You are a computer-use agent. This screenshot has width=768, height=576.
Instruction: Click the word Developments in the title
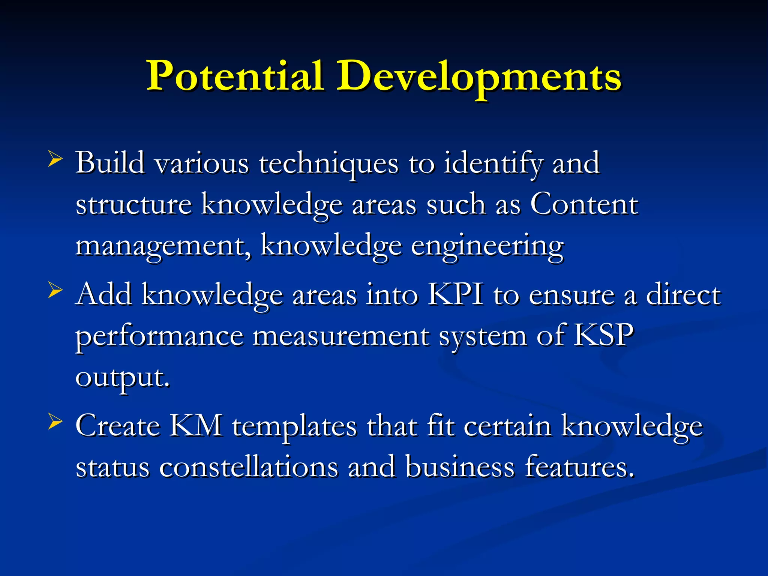[x=478, y=76]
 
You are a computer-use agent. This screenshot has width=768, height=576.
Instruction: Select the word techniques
[x=328, y=164]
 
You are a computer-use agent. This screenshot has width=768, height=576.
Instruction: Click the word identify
[x=493, y=164]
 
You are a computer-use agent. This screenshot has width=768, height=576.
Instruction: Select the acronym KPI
[x=455, y=295]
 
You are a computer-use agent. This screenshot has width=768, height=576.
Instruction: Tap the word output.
[x=122, y=377]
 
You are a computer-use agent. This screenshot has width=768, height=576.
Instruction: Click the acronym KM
[x=196, y=426]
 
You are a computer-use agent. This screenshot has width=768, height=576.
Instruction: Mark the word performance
[x=159, y=336]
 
